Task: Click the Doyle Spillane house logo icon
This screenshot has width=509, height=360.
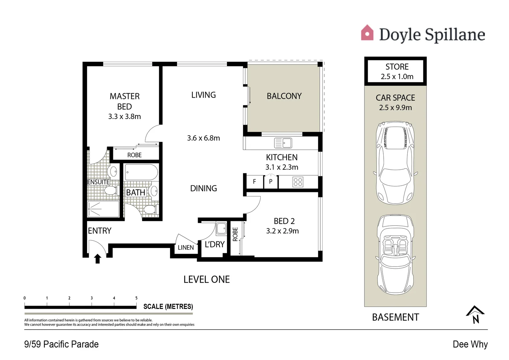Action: pyautogui.click(x=367, y=33)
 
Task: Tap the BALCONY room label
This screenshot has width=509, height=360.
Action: pyautogui.click(x=284, y=96)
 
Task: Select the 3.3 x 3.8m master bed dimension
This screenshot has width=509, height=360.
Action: pyautogui.click(x=124, y=117)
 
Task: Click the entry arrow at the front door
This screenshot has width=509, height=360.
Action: pyautogui.click(x=98, y=259)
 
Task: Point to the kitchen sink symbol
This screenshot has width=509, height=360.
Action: pyautogui.click(x=283, y=143)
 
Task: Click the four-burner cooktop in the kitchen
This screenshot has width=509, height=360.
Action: pyautogui.click(x=298, y=182)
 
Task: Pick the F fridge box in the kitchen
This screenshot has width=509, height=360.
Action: pyautogui.click(x=254, y=182)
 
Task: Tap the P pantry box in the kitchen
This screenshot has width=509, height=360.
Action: pyautogui.click(x=271, y=182)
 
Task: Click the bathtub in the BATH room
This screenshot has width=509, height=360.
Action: pyautogui.click(x=141, y=172)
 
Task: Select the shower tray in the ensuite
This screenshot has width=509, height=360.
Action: pyautogui.click(x=103, y=209)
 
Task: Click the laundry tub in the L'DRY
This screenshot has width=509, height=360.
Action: pyautogui.click(x=221, y=229)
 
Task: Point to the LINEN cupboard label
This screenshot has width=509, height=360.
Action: pyautogui.click(x=186, y=248)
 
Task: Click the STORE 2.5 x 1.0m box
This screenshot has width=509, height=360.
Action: pyautogui.click(x=395, y=71)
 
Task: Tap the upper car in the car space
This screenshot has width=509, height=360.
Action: pyautogui.click(x=395, y=163)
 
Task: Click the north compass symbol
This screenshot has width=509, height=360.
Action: pyautogui.click(x=475, y=314)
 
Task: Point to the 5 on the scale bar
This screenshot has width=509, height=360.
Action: pyautogui.click(x=136, y=298)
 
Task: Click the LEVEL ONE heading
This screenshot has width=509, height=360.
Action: pyautogui.click(x=206, y=279)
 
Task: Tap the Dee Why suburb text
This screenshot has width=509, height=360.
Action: pyautogui.click(x=470, y=344)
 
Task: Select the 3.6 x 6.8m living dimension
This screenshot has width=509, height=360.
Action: pyautogui.click(x=203, y=138)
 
